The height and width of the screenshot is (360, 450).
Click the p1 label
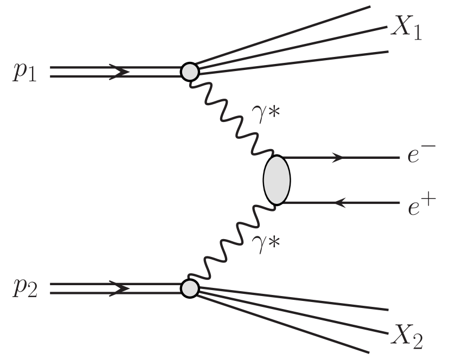pyautogui.click(x=25, y=73)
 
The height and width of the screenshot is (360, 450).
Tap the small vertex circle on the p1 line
pyautogui.click(x=190, y=72)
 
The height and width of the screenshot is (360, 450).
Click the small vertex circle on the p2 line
pyautogui.click(x=190, y=288)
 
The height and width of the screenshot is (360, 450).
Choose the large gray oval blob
pyautogui.click(x=277, y=180)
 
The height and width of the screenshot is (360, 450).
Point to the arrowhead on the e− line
pyautogui.click(x=338, y=158)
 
